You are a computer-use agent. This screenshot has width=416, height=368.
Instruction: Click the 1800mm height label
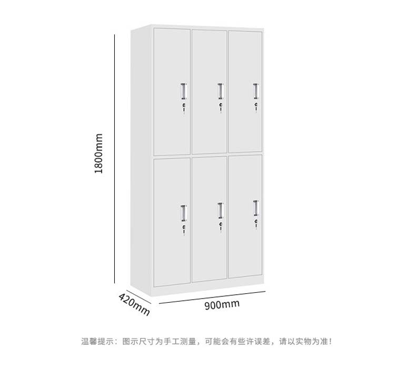click(x=98, y=155)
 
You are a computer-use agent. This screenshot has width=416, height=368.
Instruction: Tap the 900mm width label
click(x=222, y=304)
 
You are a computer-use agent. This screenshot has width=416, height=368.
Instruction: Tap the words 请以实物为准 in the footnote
click(x=312, y=342)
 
